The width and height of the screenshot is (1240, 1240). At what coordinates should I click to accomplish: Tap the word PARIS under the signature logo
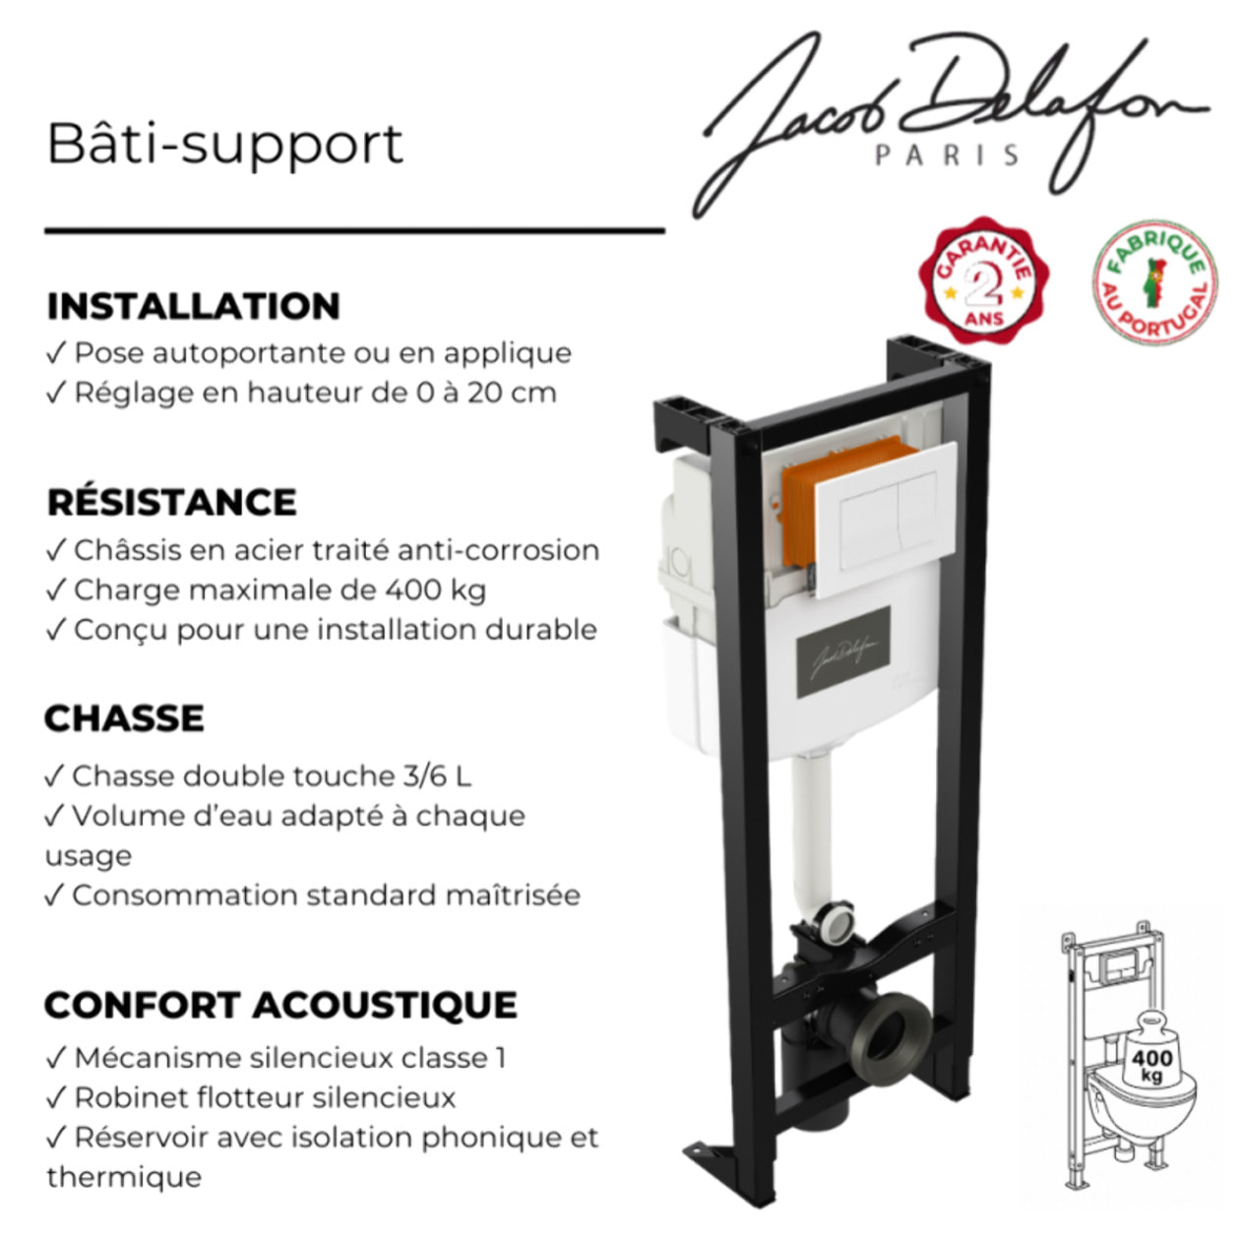(948, 155)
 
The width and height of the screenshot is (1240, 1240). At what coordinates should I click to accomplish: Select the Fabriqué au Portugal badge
(1155, 282)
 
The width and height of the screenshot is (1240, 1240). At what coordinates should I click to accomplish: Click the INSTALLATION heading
(193, 306)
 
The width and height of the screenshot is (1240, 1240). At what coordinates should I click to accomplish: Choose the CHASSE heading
(124, 718)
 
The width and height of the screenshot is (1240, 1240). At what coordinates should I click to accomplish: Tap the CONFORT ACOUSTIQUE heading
(280, 1005)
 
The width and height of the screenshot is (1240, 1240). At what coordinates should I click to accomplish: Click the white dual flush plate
(885, 520)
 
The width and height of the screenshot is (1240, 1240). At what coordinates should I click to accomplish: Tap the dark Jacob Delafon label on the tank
(843, 651)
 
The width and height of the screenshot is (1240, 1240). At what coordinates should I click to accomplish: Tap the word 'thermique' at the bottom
(124, 1178)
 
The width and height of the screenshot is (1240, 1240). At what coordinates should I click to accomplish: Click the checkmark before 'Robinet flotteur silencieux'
(56, 1098)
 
